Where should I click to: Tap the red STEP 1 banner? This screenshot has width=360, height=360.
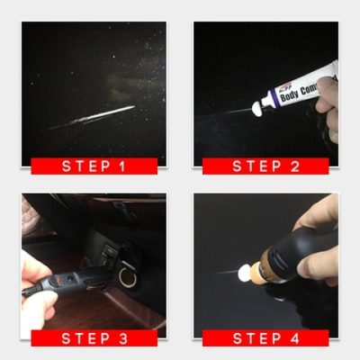pyautogui.click(x=94, y=166)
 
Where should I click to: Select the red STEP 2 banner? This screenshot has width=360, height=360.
pyautogui.click(x=265, y=166)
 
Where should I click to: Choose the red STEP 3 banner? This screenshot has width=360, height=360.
pyautogui.click(x=94, y=338)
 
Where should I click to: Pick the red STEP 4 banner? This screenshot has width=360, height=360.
pyautogui.click(x=265, y=338)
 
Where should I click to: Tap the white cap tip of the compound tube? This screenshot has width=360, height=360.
pyautogui.click(x=258, y=107)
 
